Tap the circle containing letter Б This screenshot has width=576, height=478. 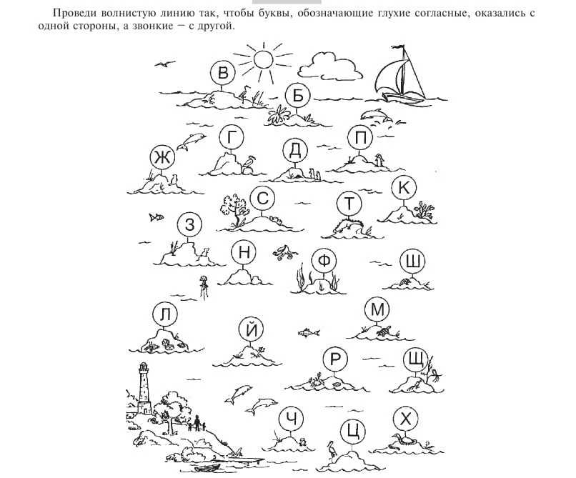pos(297,96)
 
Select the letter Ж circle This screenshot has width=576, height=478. pos(162,158)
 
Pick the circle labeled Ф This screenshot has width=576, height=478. pos(324,261)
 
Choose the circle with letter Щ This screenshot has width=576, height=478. pos(416,360)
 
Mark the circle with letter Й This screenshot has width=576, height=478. pos(252,329)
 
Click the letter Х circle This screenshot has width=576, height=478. pos(405,419)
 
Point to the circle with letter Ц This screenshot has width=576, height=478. pos(352,432)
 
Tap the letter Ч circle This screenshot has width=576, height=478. pos(292,419)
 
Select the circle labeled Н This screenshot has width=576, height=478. pos(244,253)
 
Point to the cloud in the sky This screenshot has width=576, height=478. pos(329,66)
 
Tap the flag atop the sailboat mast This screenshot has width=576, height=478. pos(398,47)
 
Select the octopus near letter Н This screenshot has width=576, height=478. pos(284,252)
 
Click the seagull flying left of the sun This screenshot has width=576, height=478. pos(164,64)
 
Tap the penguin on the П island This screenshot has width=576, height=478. pos(379,160)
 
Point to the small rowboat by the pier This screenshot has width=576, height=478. pos(207,468)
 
